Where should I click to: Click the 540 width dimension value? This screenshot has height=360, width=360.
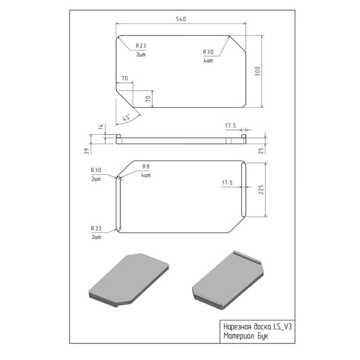[181, 19]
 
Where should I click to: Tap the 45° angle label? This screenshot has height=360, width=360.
[126, 117]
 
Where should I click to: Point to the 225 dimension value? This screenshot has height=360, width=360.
[261, 190]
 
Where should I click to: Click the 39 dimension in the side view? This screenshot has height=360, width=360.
[86, 151]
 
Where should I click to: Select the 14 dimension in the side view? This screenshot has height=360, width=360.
[101, 127]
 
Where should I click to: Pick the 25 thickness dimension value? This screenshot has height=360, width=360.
[261, 151]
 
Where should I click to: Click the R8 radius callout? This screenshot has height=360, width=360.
[146, 167]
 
